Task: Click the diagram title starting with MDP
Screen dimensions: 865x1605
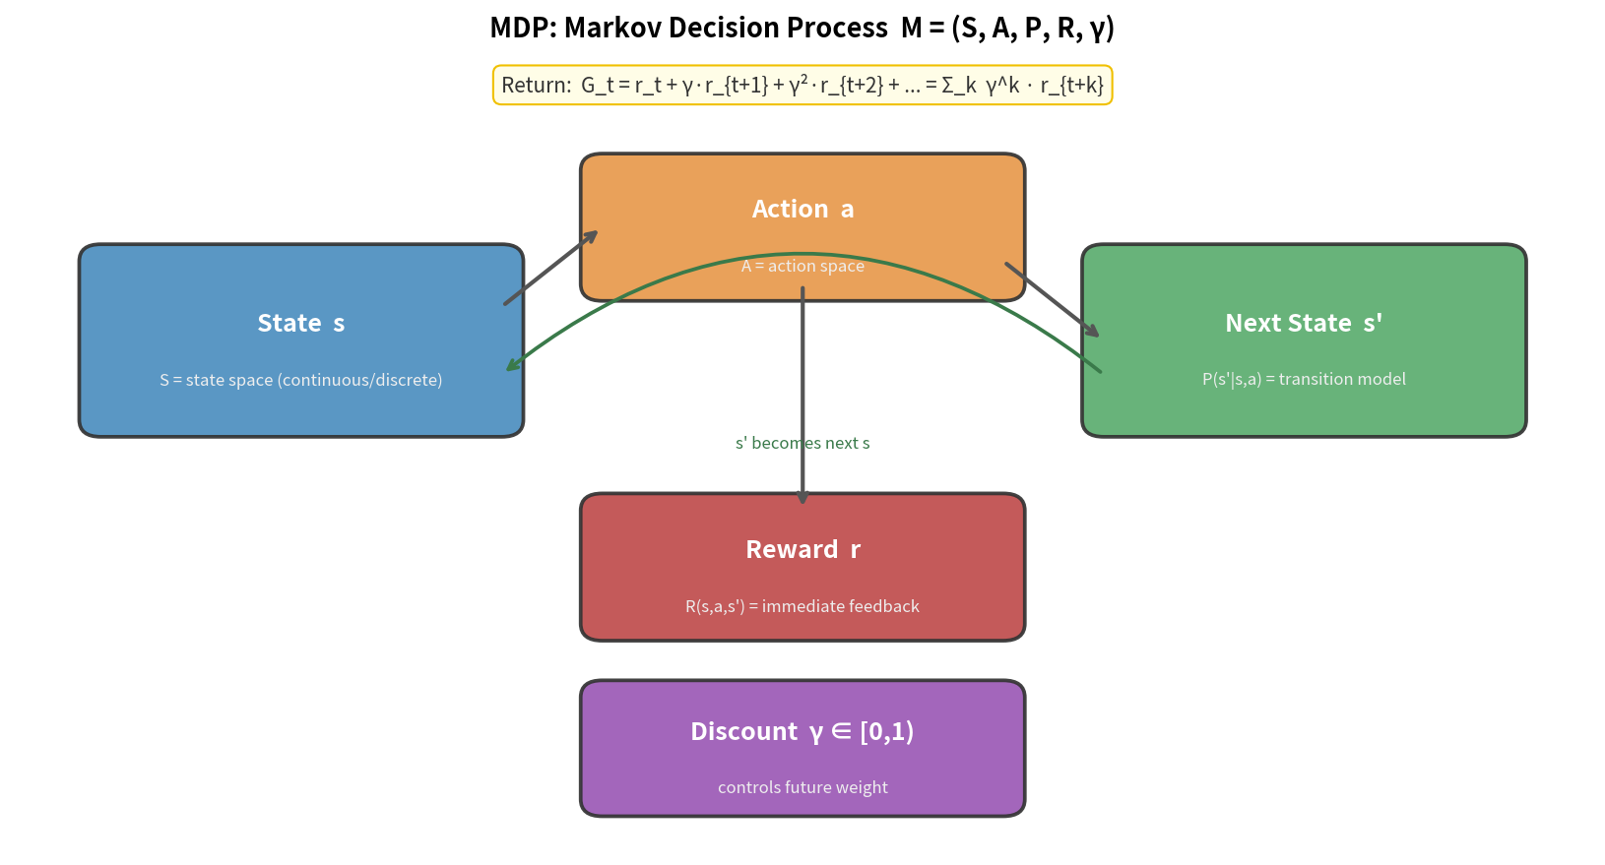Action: pyautogui.click(x=802, y=28)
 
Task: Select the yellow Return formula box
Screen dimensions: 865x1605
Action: pyautogui.click(x=802, y=86)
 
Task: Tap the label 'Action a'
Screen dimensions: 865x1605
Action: pyautogui.click(x=802, y=209)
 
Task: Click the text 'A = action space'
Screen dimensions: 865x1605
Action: pyautogui.click(x=802, y=266)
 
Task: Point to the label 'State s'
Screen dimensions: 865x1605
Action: pyautogui.click(x=300, y=323)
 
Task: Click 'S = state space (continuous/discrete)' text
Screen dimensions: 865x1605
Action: pyautogui.click(x=300, y=380)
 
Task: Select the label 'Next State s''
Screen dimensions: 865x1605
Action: pyautogui.click(x=1303, y=323)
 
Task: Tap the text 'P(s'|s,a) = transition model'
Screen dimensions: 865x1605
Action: pyautogui.click(x=1303, y=379)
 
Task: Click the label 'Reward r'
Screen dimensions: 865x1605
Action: pyautogui.click(x=802, y=549)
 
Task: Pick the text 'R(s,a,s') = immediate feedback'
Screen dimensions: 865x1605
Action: pyautogui.click(x=802, y=606)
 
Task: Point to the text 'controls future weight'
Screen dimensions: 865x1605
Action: pyautogui.click(x=802, y=787)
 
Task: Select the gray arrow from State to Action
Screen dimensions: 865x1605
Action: pyautogui.click(x=549, y=269)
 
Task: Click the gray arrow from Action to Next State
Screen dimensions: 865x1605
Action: pyautogui.click(x=1051, y=299)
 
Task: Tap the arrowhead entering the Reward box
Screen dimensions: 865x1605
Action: pyautogui.click(x=802, y=498)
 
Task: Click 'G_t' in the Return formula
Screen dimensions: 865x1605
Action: pyautogui.click(x=597, y=86)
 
